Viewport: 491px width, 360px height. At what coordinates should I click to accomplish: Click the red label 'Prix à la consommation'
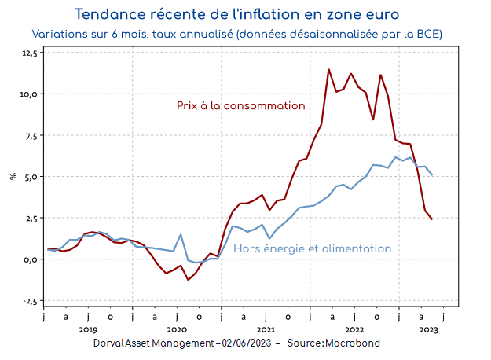[240, 105]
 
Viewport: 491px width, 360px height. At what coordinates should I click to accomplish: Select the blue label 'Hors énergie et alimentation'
[313, 248]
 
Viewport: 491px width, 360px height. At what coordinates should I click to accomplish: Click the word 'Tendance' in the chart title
[109, 14]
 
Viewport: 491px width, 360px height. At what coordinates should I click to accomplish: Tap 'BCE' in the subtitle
[429, 35]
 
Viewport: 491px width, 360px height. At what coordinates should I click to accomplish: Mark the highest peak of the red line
[328, 69]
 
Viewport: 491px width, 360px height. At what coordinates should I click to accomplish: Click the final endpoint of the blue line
[432, 175]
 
